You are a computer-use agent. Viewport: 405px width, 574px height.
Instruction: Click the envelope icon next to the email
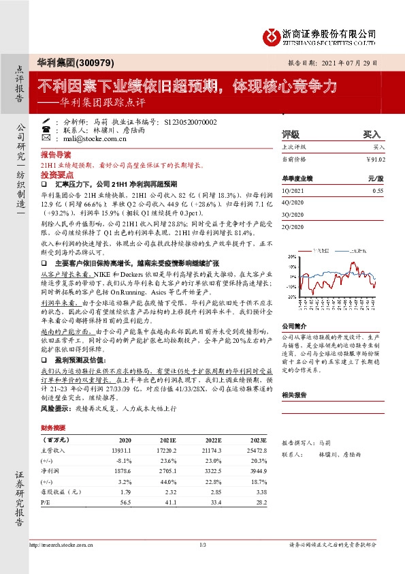click(46, 138)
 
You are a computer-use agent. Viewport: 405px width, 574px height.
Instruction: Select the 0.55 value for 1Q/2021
click(378, 192)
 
